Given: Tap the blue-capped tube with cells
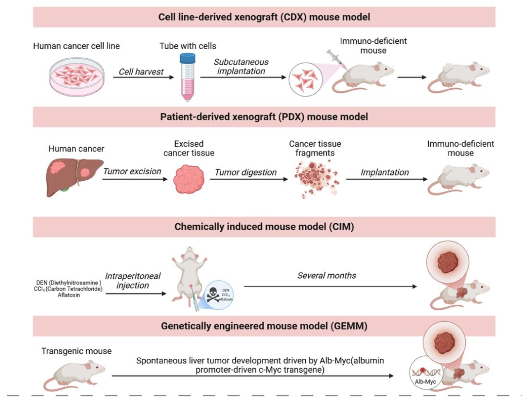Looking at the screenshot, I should pos(187,77).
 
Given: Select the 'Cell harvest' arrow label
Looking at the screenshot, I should pos(141,72).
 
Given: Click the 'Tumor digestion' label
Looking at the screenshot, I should pos(246,172).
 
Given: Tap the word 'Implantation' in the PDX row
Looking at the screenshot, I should pos(385,172).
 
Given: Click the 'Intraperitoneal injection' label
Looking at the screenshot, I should pos(139,280).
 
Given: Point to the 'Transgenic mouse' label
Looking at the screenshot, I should pos(76,351).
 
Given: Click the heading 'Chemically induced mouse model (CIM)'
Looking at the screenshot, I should pos(264,227).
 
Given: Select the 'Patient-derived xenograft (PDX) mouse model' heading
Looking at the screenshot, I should pos(264,117).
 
